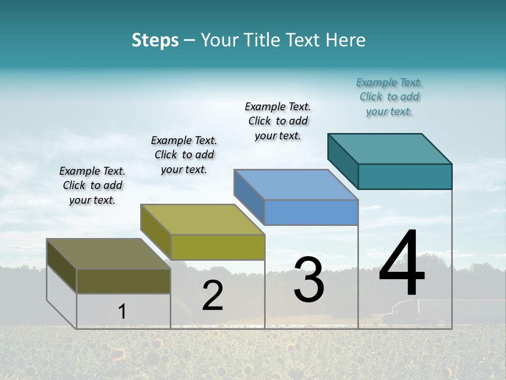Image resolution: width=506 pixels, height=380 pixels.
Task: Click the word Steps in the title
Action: pyautogui.click(x=155, y=40)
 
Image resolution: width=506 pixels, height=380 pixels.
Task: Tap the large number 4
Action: pyautogui.click(x=402, y=264)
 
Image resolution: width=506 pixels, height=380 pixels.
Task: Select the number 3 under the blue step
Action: pyautogui.click(x=309, y=280)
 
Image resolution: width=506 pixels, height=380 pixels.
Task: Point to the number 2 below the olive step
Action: pyautogui.click(x=212, y=296)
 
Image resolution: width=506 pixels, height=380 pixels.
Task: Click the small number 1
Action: pyautogui.click(x=122, y=311)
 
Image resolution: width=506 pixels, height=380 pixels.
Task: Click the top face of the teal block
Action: pyautogui.click(x=390, y=148)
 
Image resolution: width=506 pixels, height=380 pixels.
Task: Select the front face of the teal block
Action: pyautogui.click(x=405, y=176)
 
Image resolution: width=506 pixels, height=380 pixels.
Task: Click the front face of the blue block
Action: pyautogui.click(x=311, y=213)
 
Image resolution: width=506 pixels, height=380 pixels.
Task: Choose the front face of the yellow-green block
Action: pyautogui.click(x=218, y=247)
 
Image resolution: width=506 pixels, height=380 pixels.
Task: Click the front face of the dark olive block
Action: pyautogui.click(x=123, y=281)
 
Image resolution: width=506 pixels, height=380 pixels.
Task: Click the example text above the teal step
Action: pyautogui.click(x=389, y=97)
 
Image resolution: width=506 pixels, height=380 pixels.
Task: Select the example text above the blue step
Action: pyautogui.click(x=278, y=121)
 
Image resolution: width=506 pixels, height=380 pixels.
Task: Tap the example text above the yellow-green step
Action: pyautogui.click(x=184, y=155)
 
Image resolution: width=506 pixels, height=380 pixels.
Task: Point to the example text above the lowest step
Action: pyautogui.click(x=92, y=185)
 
